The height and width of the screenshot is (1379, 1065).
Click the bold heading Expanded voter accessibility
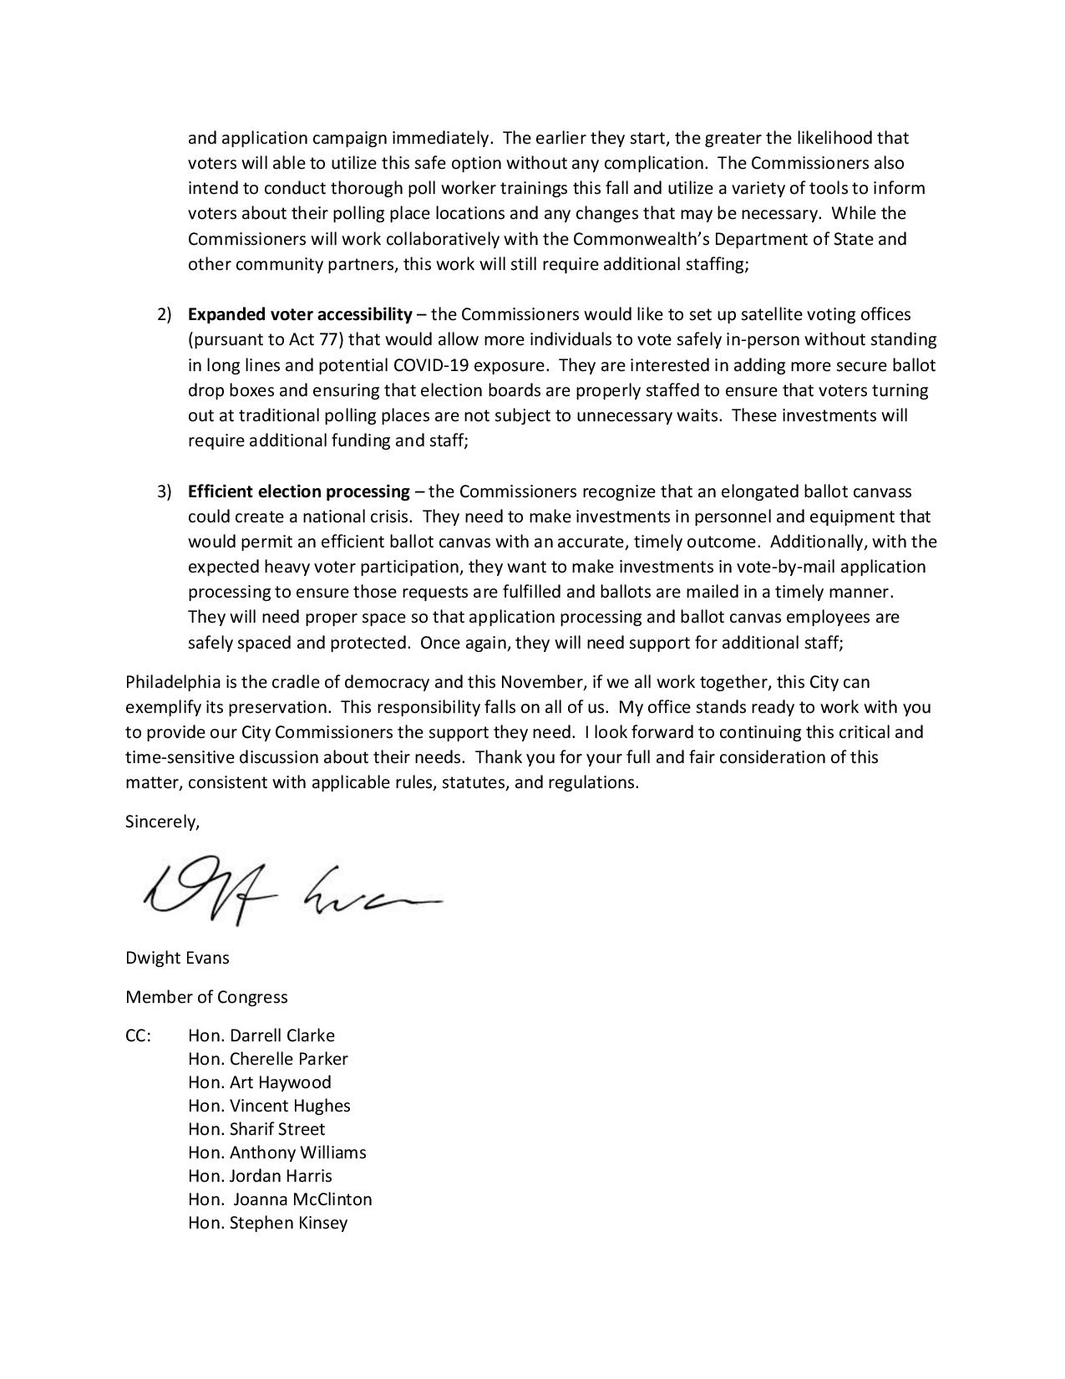[300, 314]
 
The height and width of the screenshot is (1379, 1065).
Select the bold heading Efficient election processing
[299, 491]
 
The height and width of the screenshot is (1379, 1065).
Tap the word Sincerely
[162, 822]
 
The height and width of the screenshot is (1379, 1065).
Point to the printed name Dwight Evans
[177, 958]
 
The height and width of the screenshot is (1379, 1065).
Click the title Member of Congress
[206, 997]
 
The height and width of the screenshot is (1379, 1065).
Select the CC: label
[139, 1036]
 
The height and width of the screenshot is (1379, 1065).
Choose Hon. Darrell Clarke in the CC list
[261, 1036]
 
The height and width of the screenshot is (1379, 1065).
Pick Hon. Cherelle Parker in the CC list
[268, 1059]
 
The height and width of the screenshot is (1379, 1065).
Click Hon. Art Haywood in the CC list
[260, 1082]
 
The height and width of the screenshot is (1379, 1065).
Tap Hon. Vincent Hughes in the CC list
[269, 1106]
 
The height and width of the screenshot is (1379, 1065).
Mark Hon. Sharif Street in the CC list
[256, 1129]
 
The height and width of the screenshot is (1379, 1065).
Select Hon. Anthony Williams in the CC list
[277, 1153]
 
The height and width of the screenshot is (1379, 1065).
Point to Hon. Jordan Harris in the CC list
[260, 1176]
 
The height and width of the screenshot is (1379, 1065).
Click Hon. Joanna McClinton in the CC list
[280, 1199]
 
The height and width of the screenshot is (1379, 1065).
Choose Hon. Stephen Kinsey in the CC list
[267, 1223]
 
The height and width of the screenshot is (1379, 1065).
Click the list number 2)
[165, 315]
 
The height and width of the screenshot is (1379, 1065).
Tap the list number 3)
[165, 491]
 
